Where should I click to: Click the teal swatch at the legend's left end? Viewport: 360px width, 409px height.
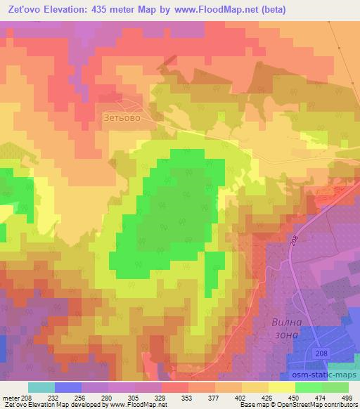[41, 387]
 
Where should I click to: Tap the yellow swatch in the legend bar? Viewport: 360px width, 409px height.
[281, 387]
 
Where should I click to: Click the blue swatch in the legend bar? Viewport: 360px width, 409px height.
[68, 387]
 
